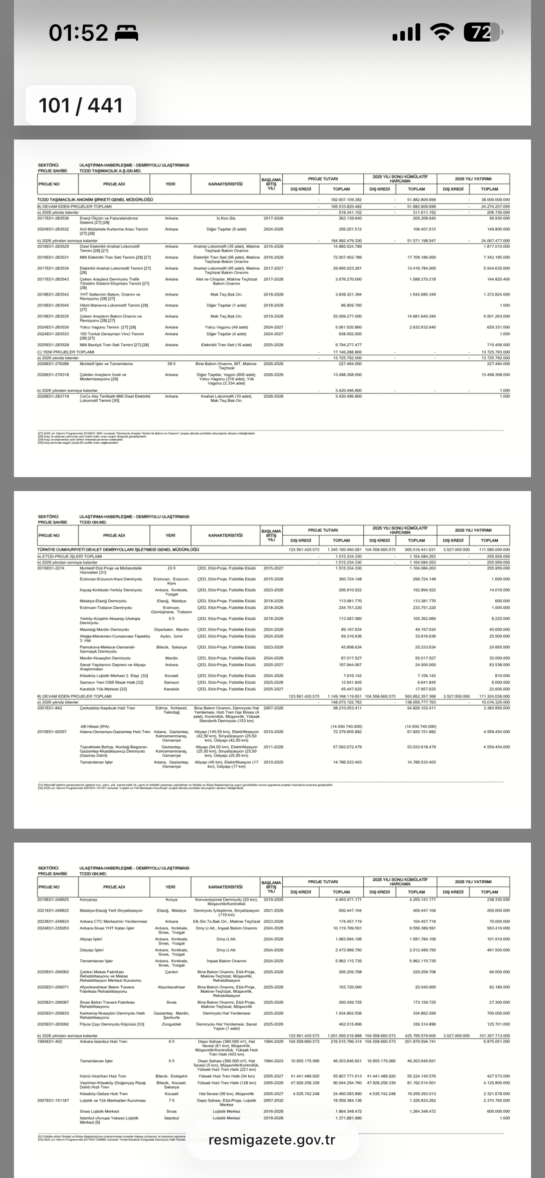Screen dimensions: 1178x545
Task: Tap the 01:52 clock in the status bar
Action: [x=78, y=33]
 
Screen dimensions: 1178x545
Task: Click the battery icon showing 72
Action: [x=483, y=33]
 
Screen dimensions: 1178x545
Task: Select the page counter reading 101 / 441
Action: [x=81, y=106]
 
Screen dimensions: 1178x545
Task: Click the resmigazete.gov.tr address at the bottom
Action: [x=272, y=1139]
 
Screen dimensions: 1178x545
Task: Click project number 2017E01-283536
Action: [x=53, y=218]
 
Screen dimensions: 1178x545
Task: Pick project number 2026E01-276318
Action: [x=53, y=374]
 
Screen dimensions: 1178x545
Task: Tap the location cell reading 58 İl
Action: [x=171, y=363]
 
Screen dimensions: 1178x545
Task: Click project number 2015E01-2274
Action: [x=50, y=568]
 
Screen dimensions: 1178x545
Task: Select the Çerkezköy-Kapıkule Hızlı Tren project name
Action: [x=107, y=708]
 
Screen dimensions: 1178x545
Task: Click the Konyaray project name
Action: [x=88, y=899]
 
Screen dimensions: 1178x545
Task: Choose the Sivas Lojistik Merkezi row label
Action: [x=99, y=1111]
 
